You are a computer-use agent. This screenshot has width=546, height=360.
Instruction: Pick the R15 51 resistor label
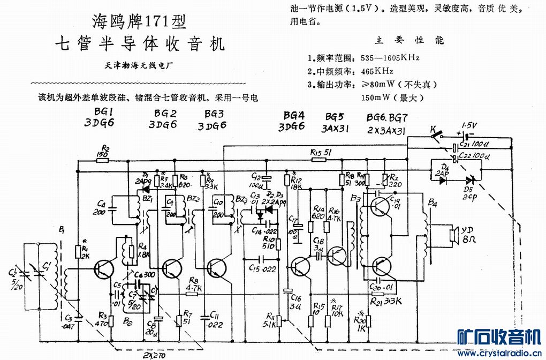321,153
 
